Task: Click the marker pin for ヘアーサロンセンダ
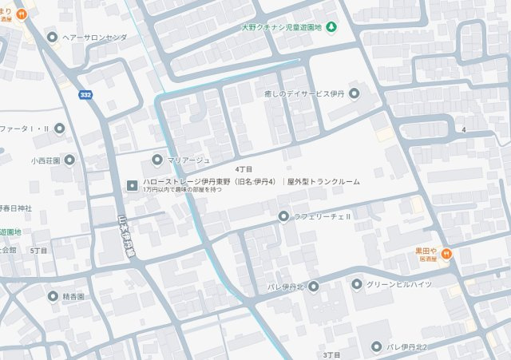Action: pos(53,37)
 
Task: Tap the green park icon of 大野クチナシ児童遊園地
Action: pos(331,27)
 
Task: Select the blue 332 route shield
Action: pos(85,95)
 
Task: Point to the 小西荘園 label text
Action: pos(46,160)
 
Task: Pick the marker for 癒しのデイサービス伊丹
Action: pos(355,93)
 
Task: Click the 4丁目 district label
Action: pos(244,170)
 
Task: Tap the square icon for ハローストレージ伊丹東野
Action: pos(132,185)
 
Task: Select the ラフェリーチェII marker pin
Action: pos(283,216)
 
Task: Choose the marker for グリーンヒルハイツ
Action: pos(357,283)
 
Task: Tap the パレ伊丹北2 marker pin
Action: pos(376,346)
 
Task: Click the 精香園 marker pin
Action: pos(53,296)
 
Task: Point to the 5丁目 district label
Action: pos(38,251)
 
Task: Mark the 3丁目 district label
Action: pos(332,354)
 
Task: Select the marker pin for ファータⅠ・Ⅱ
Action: pos(59,128)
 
